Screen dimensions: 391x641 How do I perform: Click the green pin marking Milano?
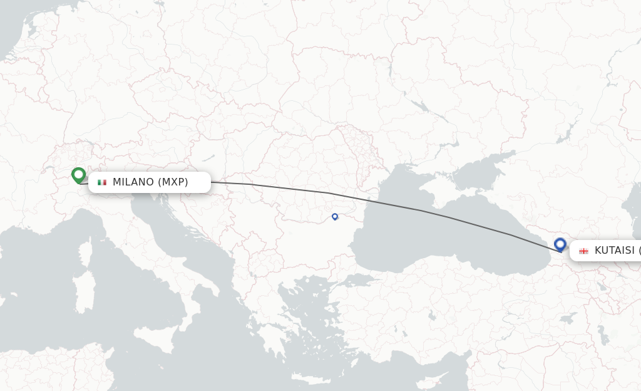pos(78,175)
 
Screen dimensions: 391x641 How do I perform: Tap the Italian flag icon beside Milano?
pos(102,182)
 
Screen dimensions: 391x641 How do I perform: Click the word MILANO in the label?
pos(133,182)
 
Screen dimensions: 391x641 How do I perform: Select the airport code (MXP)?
pos(173,182)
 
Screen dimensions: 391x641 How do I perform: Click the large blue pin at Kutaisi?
pos(560,244)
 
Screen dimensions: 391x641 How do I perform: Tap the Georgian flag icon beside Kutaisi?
pos(583,251)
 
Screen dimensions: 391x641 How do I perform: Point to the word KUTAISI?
pos(614,251)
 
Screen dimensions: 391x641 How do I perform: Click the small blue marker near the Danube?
pos(335,216)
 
